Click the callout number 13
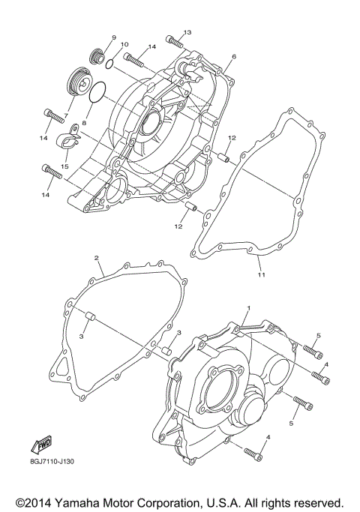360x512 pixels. click(187, 32)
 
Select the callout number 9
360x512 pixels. click(114, 37)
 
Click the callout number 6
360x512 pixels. click(234, 56)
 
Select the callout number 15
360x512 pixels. click(65, 166)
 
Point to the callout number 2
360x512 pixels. click(97, 257)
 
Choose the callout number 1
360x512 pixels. click(248, 308)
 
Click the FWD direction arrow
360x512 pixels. click(40, 444)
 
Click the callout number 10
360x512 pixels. click(124, 45)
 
